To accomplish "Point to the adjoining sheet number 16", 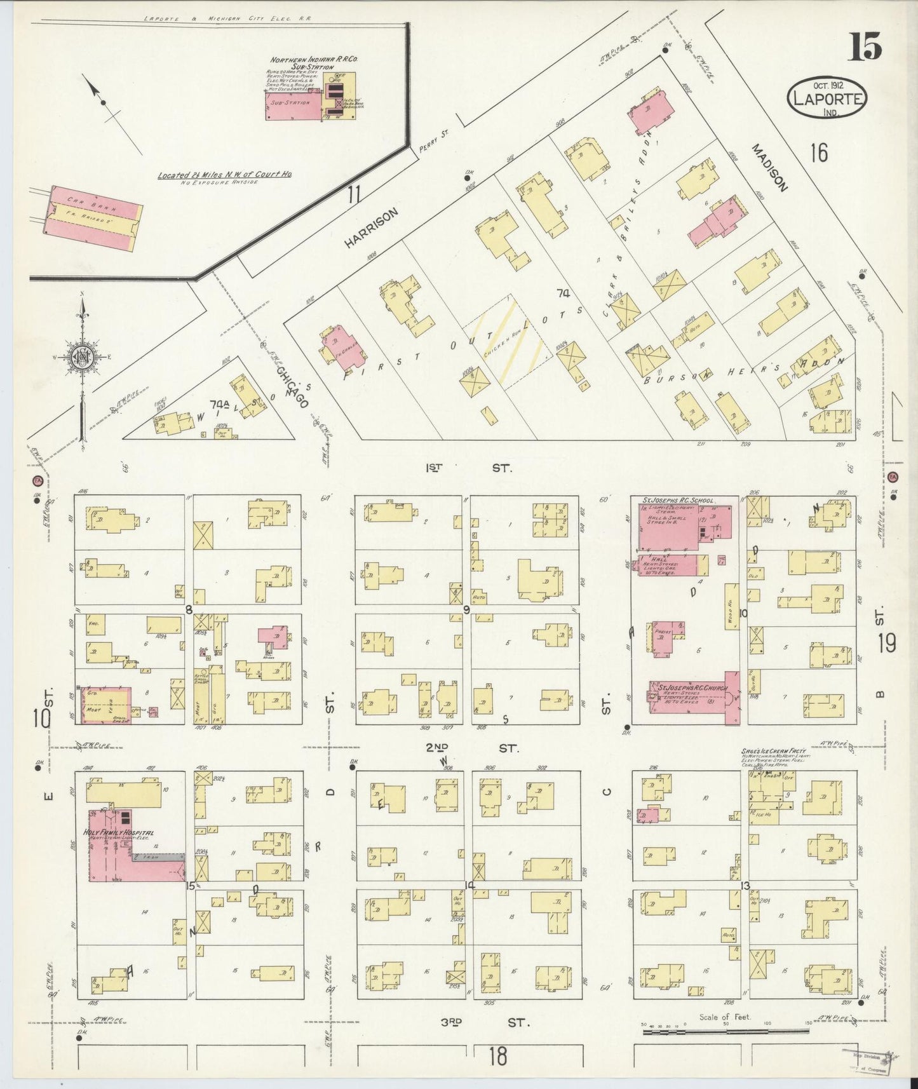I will coord(819,152).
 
